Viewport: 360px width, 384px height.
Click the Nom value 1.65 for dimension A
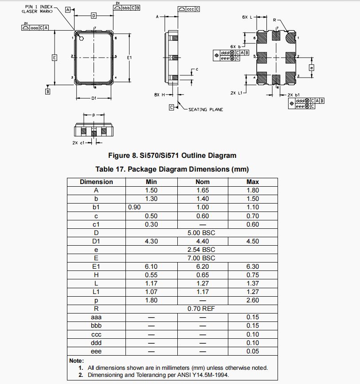[x=203, y=190]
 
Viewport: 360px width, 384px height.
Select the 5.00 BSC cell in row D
[x=202, y=232]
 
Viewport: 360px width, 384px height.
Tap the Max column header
[x=253, y=182]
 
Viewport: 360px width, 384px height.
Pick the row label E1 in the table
[x=96, y=266]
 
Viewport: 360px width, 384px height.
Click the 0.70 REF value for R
[x=202, y=308]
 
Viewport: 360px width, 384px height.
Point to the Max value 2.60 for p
[x=253, y=300]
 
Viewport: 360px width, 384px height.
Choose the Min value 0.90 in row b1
[x=134, y=207]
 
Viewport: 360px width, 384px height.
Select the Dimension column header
[x=96, y=182]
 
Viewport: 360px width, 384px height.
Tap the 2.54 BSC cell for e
[x=202, y=249]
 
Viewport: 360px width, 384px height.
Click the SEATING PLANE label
[x=206, y=110]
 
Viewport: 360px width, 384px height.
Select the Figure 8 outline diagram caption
[x=172, y=156]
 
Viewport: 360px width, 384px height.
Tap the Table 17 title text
[x=172, y=169]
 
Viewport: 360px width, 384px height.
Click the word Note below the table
[x=77, y=360]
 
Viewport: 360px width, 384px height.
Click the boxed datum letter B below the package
[x=48, y=91]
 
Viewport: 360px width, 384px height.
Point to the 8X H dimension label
[x=157, y=94]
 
